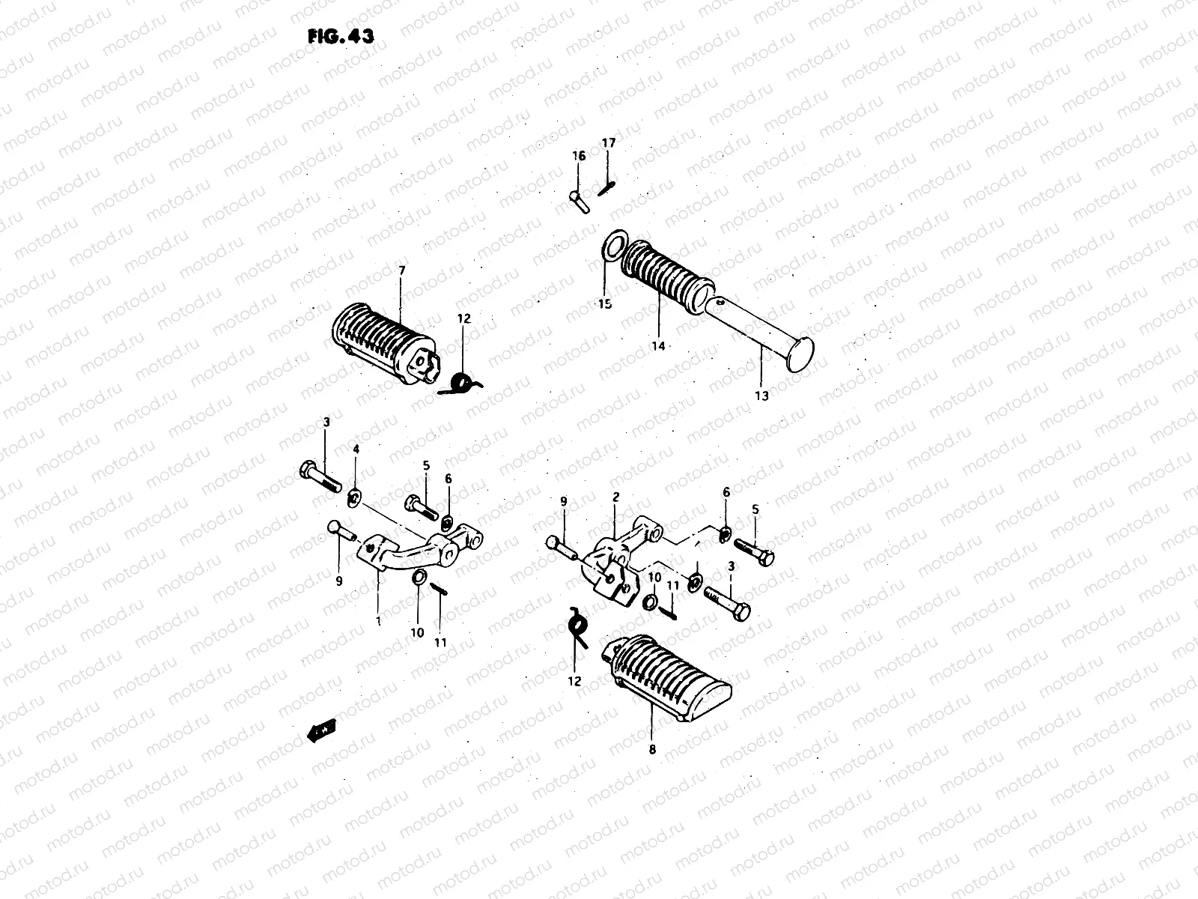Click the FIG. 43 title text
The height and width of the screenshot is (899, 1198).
pos(341,37)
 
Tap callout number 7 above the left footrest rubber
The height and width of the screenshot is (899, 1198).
pos(401,270)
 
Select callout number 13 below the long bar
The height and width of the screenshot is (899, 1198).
pos(761,396)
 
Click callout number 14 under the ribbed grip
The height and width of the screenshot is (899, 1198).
pos(658,345)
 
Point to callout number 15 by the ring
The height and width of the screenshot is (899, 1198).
pos(604,303)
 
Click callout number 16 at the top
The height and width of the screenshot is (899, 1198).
pos(579,156)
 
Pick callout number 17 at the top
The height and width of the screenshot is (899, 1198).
pos(608,142)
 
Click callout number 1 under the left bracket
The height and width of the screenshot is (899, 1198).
pos(378,621)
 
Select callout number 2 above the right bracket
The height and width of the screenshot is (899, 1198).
pos(615,497)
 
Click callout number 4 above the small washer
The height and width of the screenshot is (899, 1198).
pos(356,449)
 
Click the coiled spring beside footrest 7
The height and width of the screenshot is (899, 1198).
pos(462,384)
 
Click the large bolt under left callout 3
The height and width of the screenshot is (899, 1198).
pos(319,476)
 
